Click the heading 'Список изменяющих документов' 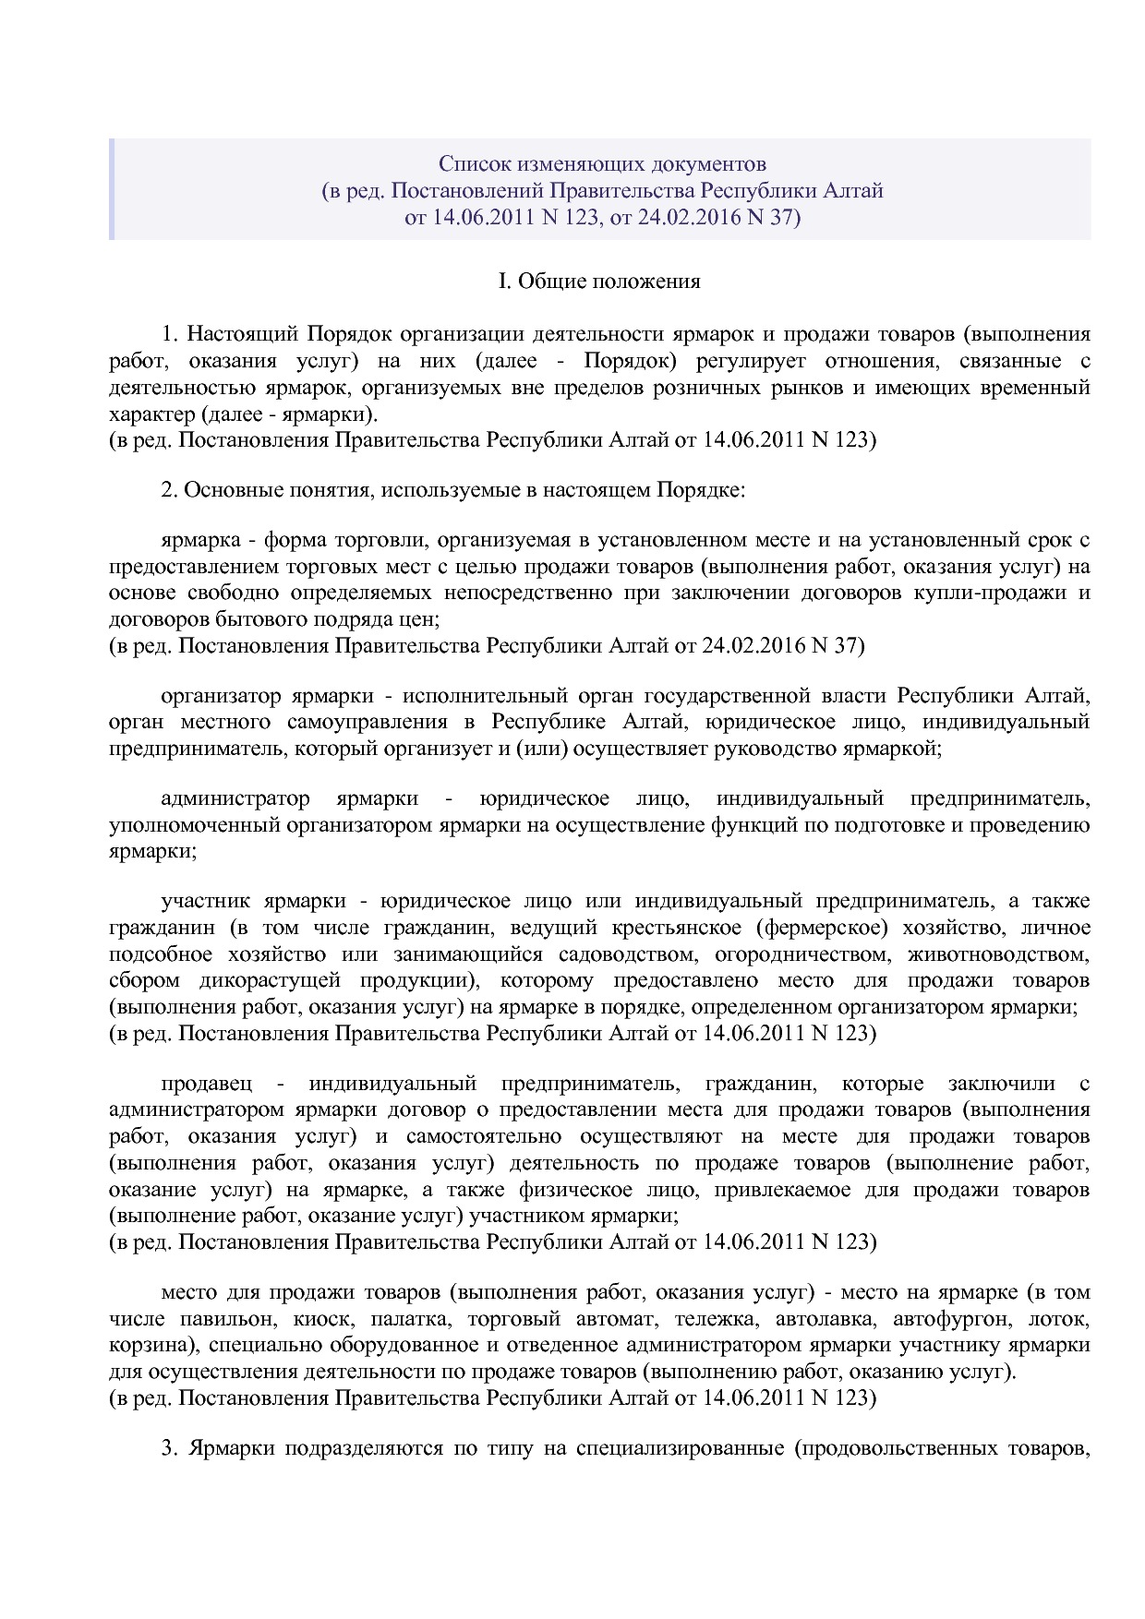tap(601, 164)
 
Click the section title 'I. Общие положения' tap(599, 282)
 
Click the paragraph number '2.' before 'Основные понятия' tap(169, 490)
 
